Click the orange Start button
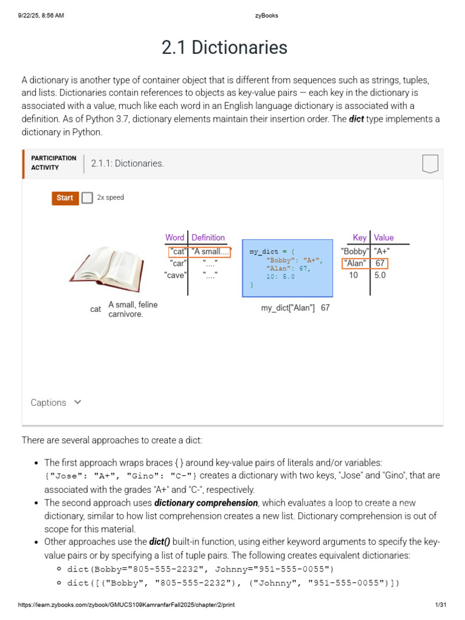(65, 198)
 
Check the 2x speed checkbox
(87, 198)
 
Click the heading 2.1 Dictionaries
(224, 47)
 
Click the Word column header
(174, 238)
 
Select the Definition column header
(208, 238)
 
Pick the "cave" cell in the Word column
(175, 275)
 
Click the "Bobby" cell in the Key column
(354, 251)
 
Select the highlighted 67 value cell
(380, 263)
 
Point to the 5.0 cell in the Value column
(380, 275)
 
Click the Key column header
(360, 238)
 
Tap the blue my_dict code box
(287, 268)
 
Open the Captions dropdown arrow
(77, 402)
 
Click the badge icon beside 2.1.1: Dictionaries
(429, 163)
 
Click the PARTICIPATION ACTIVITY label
(53, 163)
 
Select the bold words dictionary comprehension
(206, 503)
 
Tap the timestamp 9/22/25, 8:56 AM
(41, 16)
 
